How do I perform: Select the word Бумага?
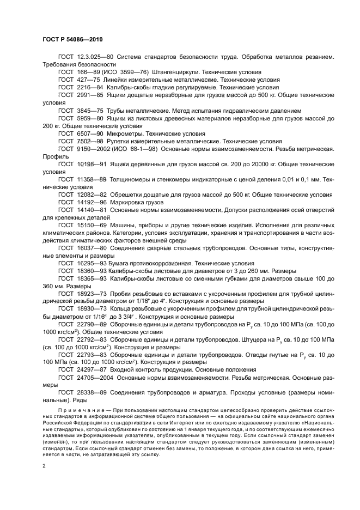coord(121,263)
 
